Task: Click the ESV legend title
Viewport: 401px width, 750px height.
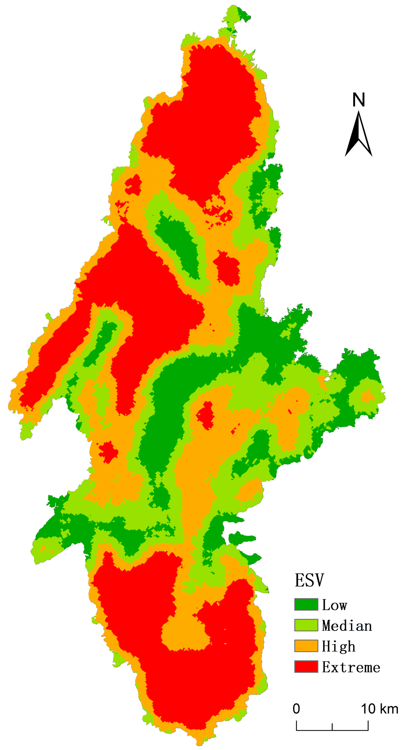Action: (x=309, y=580)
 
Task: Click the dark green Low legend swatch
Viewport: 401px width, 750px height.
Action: (x=306, y=604)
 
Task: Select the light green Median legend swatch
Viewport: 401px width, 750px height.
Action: (x=306, y=625)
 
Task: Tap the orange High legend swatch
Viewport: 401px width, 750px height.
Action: (x=306, y=646)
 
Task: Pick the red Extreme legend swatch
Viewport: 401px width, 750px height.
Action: (x=306, y=666)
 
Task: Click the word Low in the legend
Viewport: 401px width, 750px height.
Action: (x=334, y=605)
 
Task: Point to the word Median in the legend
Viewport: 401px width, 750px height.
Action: (x=347, y=626)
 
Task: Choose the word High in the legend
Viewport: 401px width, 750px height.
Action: (x=338, y=646)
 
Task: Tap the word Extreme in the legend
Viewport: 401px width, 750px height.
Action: (x=351, y=667)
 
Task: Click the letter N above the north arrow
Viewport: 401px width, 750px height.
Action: (x=358, y=100)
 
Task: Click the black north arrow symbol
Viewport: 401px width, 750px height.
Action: (x=358, y=135)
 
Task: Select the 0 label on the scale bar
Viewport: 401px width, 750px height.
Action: (x=296, y=706)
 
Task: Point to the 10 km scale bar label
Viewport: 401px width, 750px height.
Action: (x=380, y=706)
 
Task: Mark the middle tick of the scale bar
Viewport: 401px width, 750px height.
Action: (x=332, y=726)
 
